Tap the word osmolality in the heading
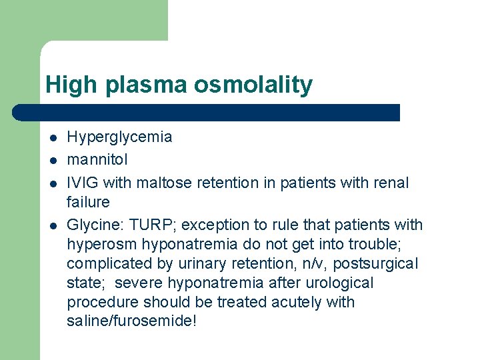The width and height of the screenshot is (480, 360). tap(253, 85)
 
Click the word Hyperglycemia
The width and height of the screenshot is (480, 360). tap(119, 137)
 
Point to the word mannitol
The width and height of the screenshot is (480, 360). tap(97, 159)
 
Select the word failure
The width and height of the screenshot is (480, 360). tap(88, 201)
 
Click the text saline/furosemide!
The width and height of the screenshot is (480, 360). tap(132, 321)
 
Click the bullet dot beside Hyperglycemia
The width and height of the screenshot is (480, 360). tap(52, 138)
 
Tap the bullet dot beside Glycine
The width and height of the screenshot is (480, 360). tap(52, 225)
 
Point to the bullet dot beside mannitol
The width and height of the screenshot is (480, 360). tap(52, 160)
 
